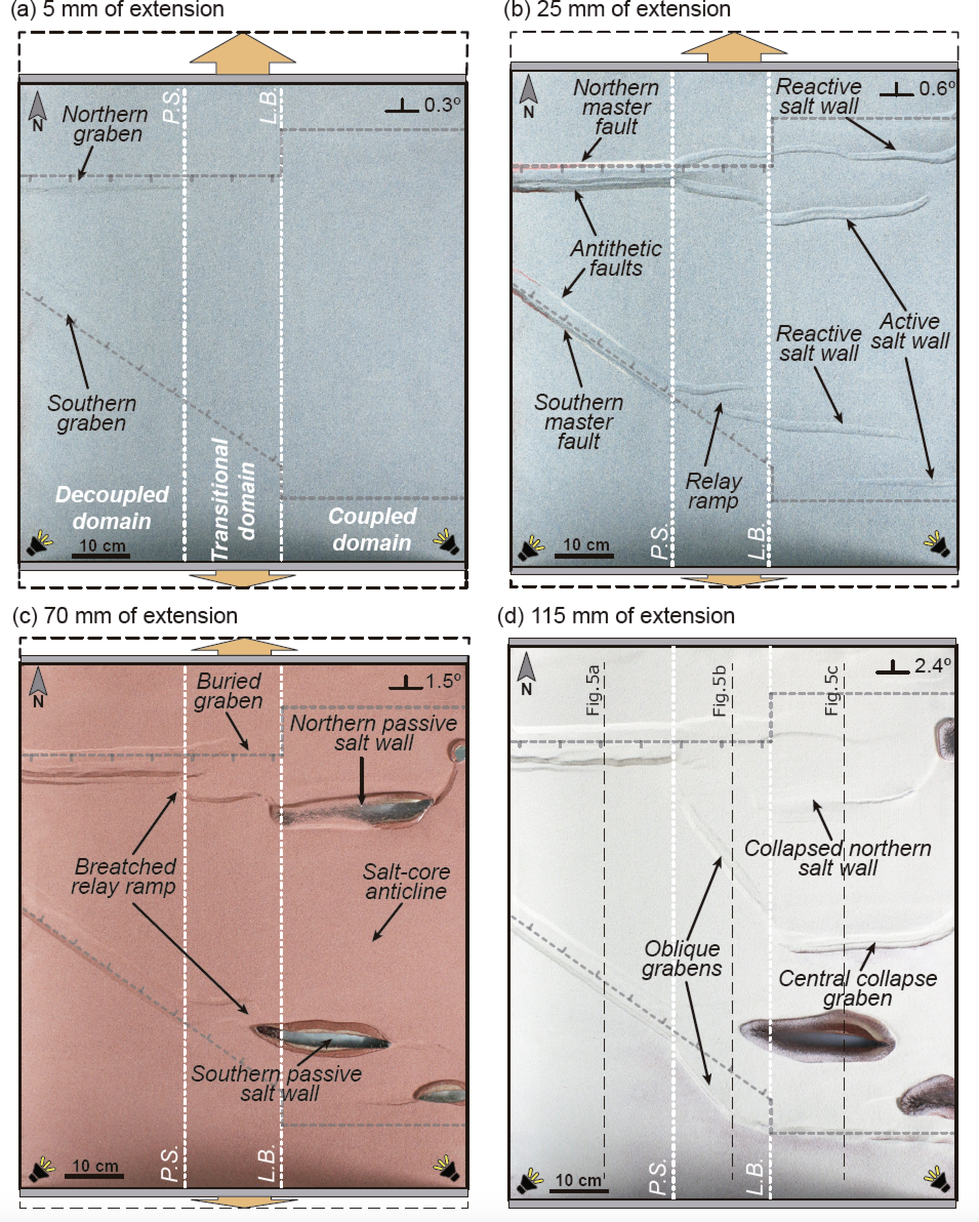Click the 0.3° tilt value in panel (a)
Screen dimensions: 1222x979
coord(442,105)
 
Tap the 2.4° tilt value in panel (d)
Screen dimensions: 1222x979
coord(932,665)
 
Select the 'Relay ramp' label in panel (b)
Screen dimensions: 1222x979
coord(713,491)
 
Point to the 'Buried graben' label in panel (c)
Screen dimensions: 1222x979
coord(228,691)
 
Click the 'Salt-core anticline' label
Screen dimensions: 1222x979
coord(406,881)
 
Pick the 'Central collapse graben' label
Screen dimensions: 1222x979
coord(857,988)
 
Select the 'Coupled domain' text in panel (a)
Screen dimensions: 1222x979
coord(372,529)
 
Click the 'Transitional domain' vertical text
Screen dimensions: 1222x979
coord(232,499)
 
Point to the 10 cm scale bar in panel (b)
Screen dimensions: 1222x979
coord(584,556)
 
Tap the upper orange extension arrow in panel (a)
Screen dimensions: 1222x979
coord(242,54)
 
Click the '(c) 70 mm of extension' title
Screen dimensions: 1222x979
coord(125,616)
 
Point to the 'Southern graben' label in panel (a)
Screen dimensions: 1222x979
coord(92,413)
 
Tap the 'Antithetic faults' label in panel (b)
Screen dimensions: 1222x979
coord(616,258)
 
